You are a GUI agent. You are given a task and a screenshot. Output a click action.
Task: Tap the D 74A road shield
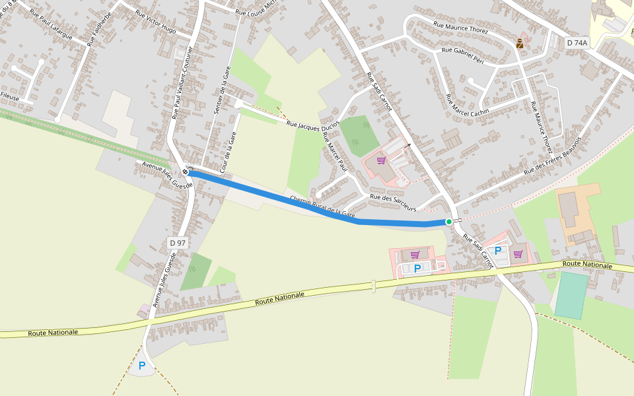(x=577, y=43)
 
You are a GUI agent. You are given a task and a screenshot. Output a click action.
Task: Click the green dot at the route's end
(x=449, y=222)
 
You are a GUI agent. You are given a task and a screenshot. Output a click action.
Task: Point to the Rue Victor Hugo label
(x=155, y=22)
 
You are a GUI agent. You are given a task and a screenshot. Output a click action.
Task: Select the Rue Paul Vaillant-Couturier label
(x=183, y=82)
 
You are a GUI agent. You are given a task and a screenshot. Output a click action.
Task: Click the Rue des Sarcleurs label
(x=393, y=202)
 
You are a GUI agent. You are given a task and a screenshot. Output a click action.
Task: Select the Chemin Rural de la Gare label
(x=322, y=207)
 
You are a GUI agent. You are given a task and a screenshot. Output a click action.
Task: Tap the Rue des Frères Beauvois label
(x=553, y=155)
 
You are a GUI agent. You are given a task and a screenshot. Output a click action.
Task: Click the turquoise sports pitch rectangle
(x=571, y=295)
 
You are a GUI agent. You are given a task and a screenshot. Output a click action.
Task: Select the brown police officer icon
(x=520, y=44)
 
